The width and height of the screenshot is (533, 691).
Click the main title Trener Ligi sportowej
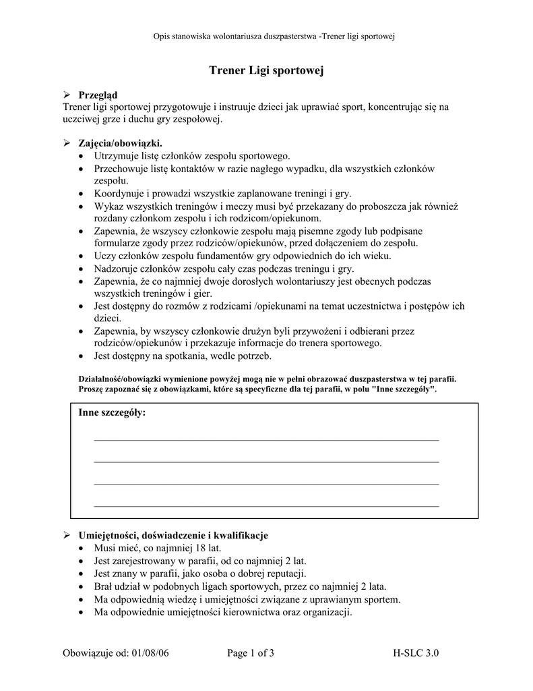pos(266,70)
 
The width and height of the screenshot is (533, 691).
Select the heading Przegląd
pos(98,95)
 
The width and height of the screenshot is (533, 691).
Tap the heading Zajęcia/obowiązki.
pos(120,144)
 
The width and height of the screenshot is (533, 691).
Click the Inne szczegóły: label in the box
pos(112,412)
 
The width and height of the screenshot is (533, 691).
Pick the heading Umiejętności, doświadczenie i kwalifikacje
pos(173,535)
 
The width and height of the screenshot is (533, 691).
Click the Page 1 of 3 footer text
pos(251,653)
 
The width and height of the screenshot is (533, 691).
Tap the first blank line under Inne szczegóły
pos(266,439)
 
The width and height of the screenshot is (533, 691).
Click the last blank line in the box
pos(266,505)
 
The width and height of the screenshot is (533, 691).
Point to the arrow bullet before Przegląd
pos(67,95)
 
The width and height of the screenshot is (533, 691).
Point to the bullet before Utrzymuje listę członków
pos(82,157)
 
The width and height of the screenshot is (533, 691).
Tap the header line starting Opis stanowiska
pos(266,36)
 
